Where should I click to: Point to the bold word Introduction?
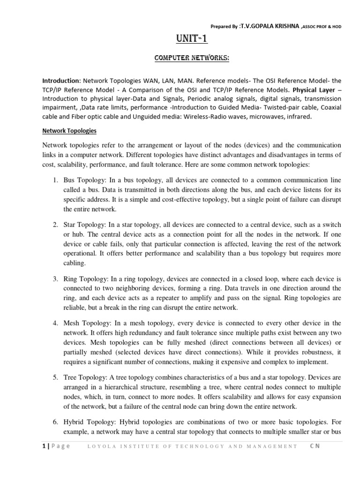pos(62,81)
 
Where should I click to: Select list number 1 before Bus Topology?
pos(54,180)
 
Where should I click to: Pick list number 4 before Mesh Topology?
pos(54,323)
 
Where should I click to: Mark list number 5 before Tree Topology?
pos(54,377)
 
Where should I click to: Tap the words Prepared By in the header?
pos(225,27)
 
